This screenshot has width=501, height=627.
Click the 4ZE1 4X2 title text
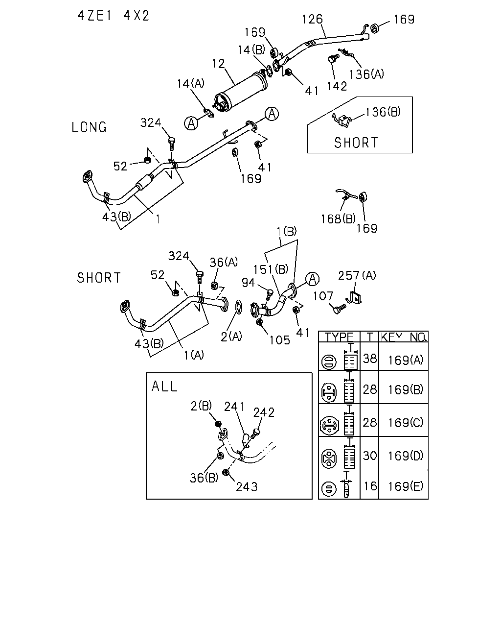(x=113, y=16)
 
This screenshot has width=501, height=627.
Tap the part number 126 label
(x=312, y=19)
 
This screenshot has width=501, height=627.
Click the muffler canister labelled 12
(x=241, y=92)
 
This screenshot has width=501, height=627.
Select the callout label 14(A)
(x=191, y=84)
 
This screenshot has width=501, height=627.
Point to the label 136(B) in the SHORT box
(x=383, y=112)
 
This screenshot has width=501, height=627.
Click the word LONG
(x=90, y=127)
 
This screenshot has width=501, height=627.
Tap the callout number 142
(x=337, y=86)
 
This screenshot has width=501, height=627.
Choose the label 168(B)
(x=338, y=218)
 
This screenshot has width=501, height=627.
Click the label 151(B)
(x=271, y=269)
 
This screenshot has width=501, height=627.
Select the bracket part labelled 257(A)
(x=354, y=298)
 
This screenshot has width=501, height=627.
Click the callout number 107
(x=323, y=296)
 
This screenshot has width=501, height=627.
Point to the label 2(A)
(x=231, y=337)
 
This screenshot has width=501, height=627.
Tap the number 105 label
(x=280, y=340)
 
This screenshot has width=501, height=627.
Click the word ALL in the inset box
(x=164, y=386)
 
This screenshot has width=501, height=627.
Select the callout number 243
(x=247, y=486)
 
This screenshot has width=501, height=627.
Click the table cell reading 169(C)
(x=406, y=422)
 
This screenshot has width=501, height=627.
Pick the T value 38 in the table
(x=370, y=359)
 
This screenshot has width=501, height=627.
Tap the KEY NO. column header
(x=404, y=337)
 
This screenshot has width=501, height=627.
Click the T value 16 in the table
(x=370, y=486)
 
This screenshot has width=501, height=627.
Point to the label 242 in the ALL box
(x=264, y=412)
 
